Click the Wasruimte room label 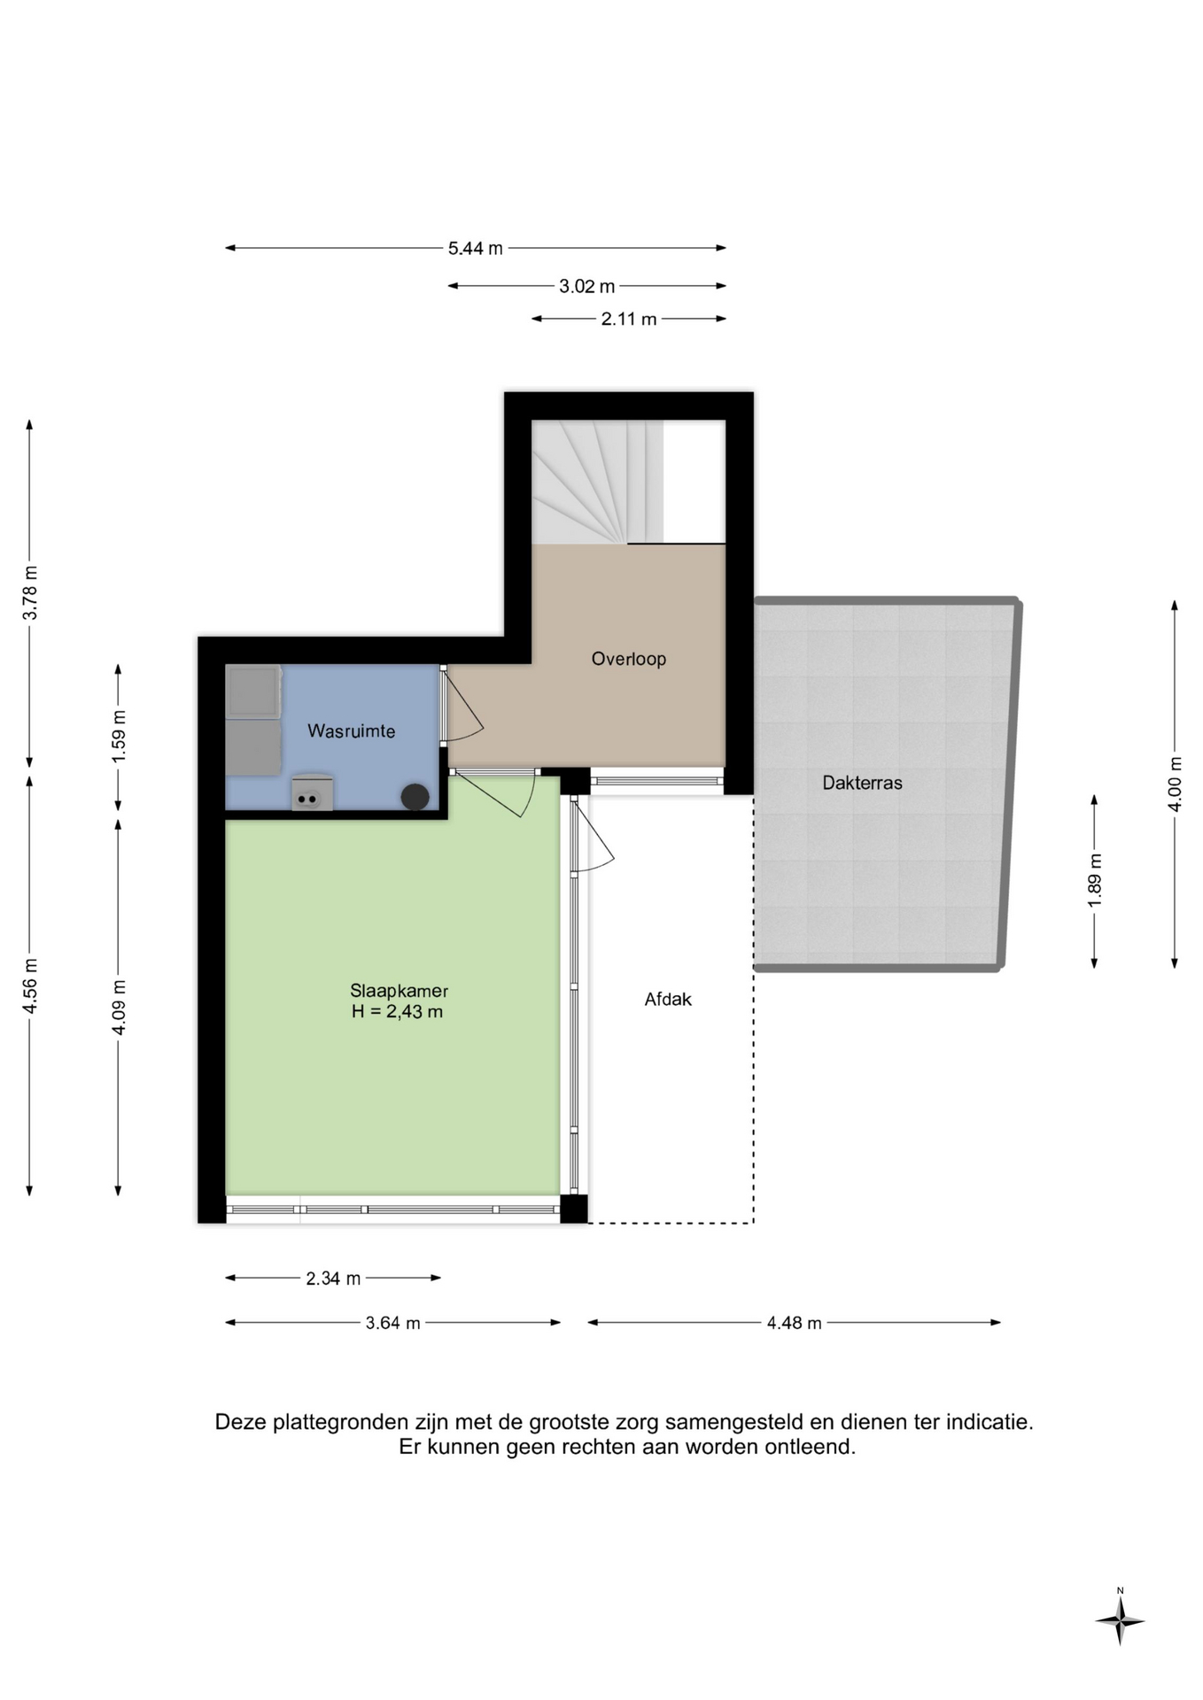click(x=351, y=731)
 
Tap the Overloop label click(x=628, y=659)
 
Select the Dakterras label click(x=862, y=783)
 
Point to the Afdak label click(x=668, y=1000)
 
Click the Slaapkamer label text click(x=399, y=992)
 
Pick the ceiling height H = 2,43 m click(x=397, y=1012)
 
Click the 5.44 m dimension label click(x=475, y=249)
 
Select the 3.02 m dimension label click(x=586, y=287)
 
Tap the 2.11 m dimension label click(x=629, y=320)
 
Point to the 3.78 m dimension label click(x=30, y=592)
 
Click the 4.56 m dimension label click(x=30, y=985)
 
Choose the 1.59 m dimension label click(x=119, y=737)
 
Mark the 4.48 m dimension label click(x=794, y=1323)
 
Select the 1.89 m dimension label click(x=1095, y=880)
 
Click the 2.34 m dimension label click(x=333, y=1279)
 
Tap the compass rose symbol click(x=1120, y=1621)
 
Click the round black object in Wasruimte click(x=415, y=797)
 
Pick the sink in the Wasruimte click(x=312, y=792)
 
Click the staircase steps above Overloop click(x=597, y=482)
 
